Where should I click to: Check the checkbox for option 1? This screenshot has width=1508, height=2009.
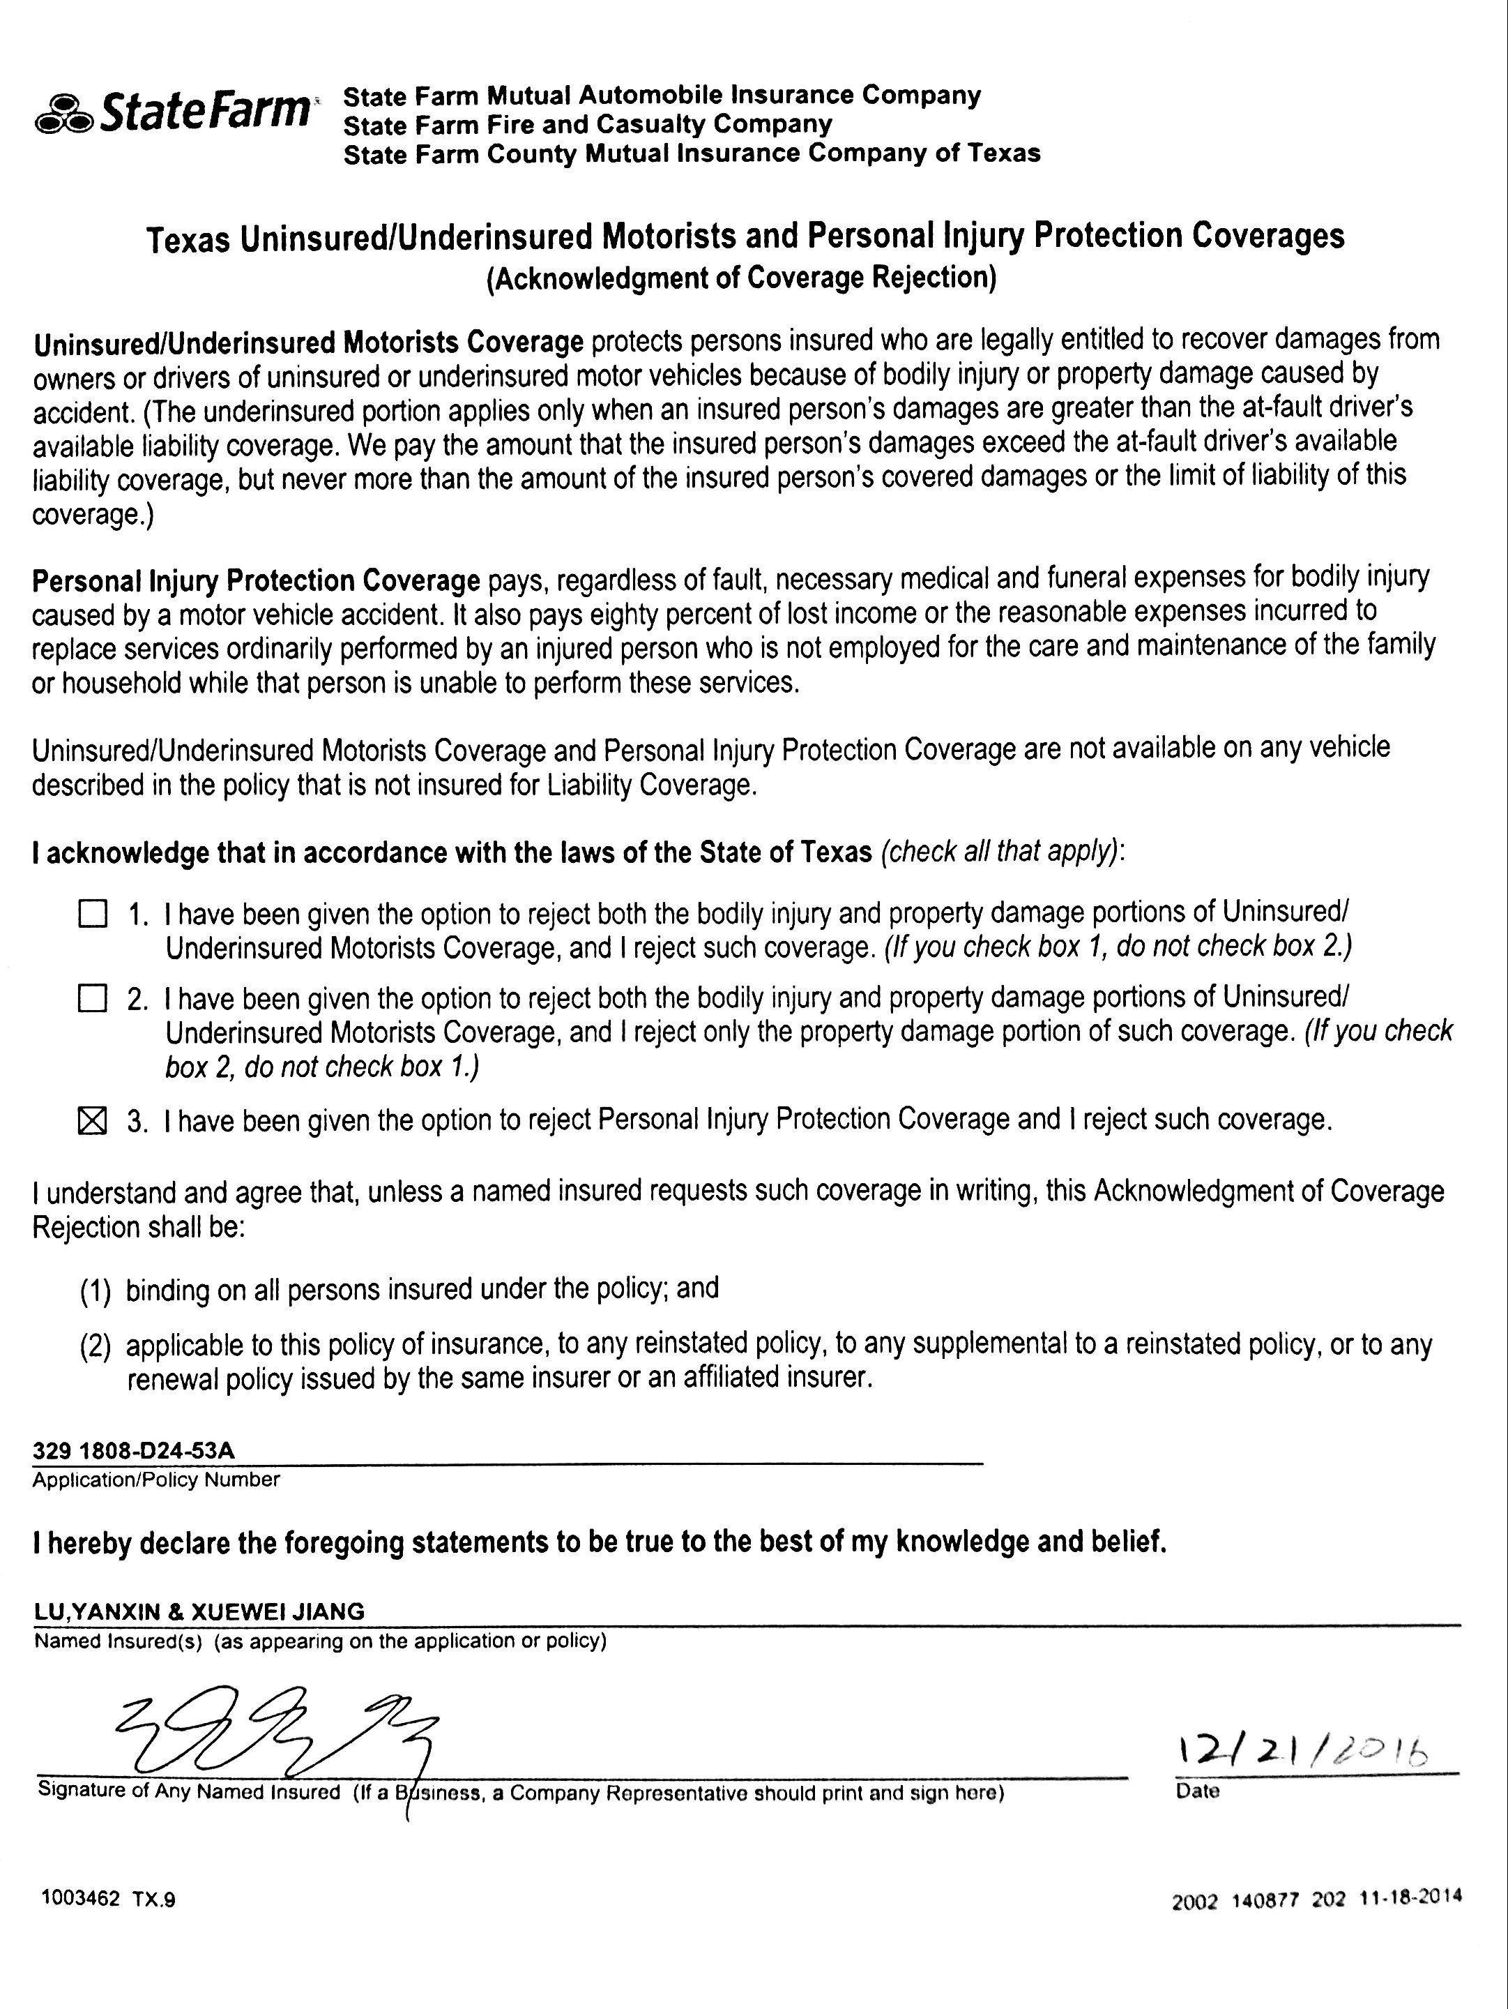(93, 914)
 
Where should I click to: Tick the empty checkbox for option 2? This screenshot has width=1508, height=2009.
(93, 999)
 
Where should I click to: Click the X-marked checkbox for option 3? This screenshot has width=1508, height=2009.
(93, 1122)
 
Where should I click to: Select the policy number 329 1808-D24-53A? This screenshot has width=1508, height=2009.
(133, 1450)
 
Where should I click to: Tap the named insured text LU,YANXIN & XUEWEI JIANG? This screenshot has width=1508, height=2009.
(199, 1611)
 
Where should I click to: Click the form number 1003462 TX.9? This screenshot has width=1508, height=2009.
(108, 1899)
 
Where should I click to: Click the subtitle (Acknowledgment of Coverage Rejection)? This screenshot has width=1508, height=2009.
(741, 278)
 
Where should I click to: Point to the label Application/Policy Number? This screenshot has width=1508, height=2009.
(156, 1480)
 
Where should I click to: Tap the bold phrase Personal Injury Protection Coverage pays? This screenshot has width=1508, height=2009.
(256, 580)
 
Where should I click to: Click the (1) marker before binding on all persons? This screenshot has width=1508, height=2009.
(96, 1291)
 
